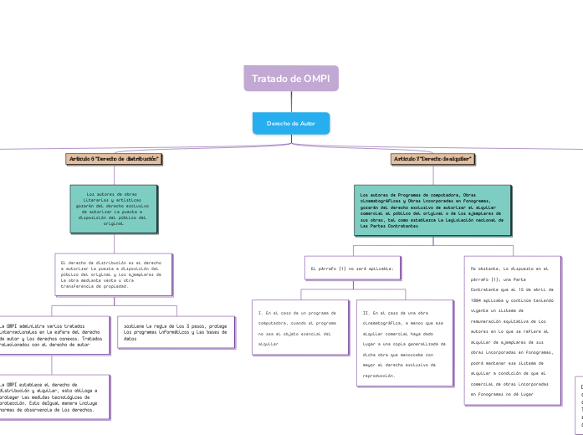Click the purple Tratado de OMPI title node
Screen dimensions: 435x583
[x=291, y=79]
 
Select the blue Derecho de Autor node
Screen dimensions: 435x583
[x=291, y=123]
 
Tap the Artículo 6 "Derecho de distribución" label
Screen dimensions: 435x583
[x=114, y=158]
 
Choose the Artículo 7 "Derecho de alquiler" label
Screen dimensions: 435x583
[x=432, y=158]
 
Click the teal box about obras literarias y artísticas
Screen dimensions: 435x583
[x=112, y=208]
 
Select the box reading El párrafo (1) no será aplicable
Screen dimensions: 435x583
[x=352, y=269]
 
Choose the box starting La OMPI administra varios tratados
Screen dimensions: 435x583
[x=53, y=335]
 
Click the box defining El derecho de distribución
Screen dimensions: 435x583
[x=116, y=274]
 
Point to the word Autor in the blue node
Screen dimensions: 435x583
[x=306, y=123]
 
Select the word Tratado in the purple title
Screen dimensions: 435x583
[x=269, y=79]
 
